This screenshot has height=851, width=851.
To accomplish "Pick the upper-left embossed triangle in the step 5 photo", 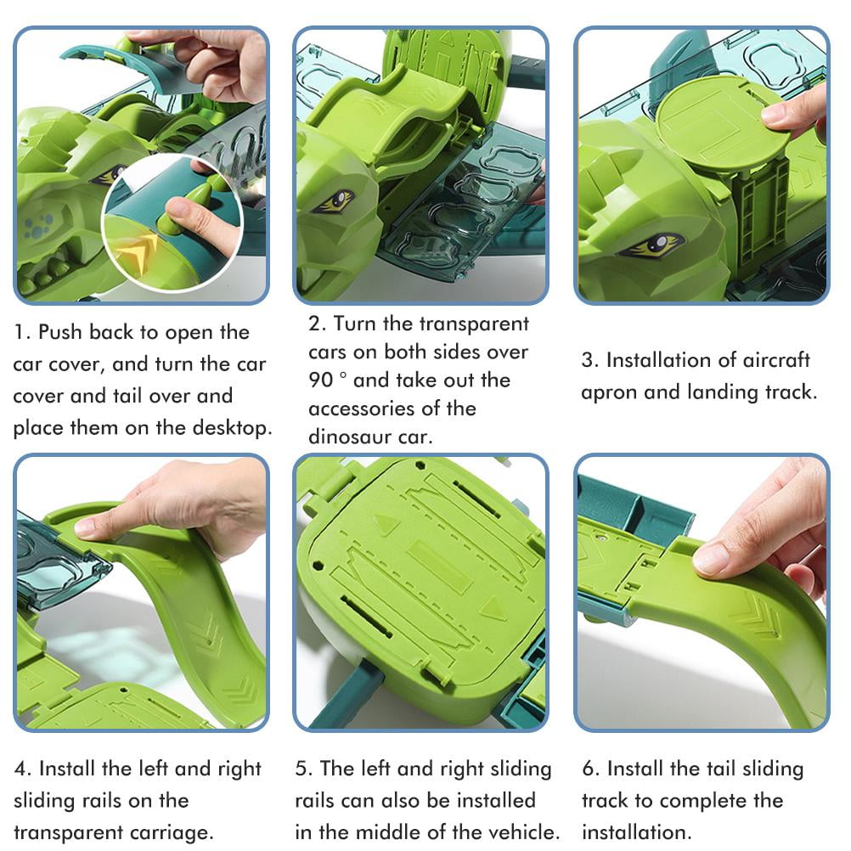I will pyautogui.click(x=387, y=524).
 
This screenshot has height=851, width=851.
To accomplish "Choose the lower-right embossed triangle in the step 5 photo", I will pyautogui.click(x=493, y=608).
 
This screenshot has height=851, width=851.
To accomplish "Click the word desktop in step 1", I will pyautogui.click(x=224, y=428).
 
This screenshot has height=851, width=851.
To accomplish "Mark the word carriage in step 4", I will pyautogui.click(x=167, y=831).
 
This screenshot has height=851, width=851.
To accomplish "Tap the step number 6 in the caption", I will pyautogui.click(x=588, y=769).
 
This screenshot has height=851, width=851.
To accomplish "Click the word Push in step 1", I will pyautogui.click(x=59, y=332).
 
